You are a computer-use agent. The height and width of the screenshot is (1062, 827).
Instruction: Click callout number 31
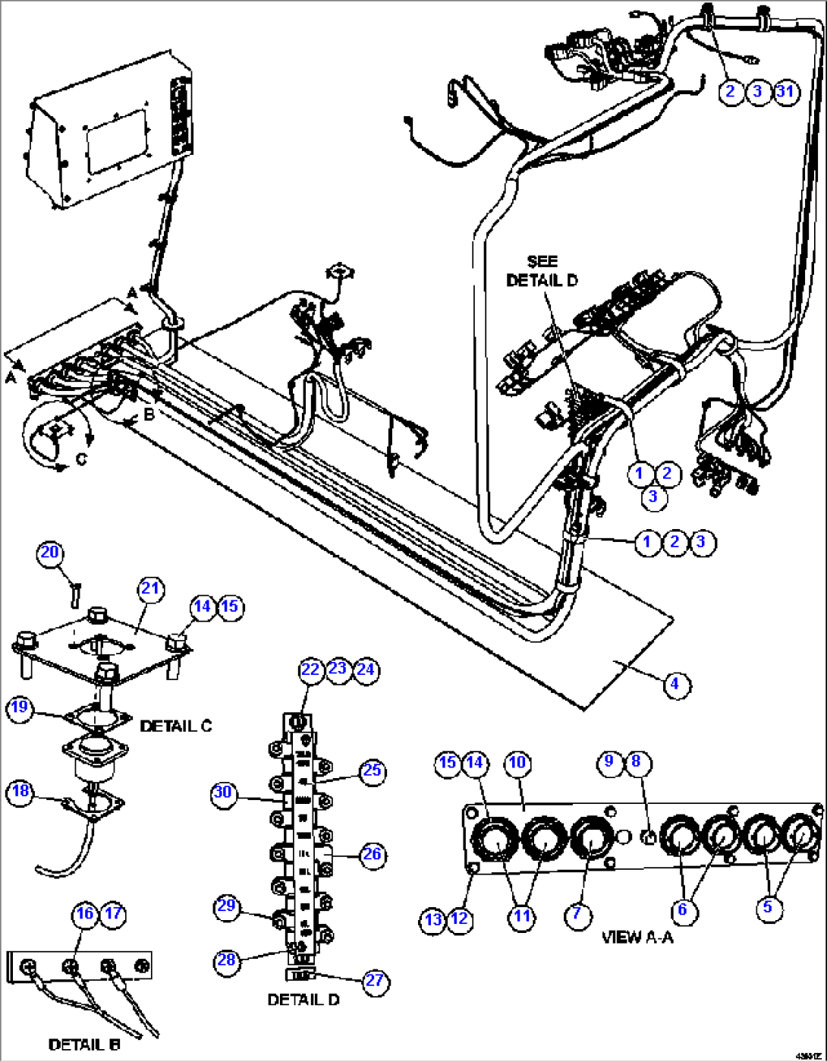pyautogui.click(x=785, y=92)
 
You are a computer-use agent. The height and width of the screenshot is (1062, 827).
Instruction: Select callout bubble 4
pyautogui.click(x=674, y=684)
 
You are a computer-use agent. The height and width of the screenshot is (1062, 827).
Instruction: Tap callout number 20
pyautogui.click(x=50, y=552)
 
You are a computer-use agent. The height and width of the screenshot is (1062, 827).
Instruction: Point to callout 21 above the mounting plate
pyautogui.click(x=150, y=588)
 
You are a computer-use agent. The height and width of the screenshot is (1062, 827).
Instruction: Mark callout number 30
pyautogui.click(x=222, y=793)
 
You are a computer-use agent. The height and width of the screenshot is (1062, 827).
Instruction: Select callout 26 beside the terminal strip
pyautogui.click(x=371, y=854)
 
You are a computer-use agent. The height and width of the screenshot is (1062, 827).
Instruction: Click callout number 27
pyautogui.click(x=375, y=980)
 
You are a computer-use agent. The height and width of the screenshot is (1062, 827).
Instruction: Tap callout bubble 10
pyautogui.click(x=517, y=762)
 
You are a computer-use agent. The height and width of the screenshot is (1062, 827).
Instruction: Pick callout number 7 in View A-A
pyautogui.click(x=577, y=913)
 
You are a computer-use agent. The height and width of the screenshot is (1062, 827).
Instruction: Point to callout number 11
pyautogui.click(x=522, y=915)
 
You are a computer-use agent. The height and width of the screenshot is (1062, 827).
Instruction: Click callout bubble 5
pyautogui.click(x=767, y=906)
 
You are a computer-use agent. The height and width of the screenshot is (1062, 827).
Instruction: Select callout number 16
pyautogui.click(x=85, y=913)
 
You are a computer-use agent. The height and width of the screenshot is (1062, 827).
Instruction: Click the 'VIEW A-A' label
pyautogui.click(x=637, y=937)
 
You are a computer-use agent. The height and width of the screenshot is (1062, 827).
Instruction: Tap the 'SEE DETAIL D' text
pyautogui.click(x=542, y=270)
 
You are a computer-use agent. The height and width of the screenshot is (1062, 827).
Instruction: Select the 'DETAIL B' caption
pyautogui.click(x=84, y=1045)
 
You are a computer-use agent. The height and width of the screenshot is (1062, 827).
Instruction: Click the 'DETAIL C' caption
pyautogui.click(x=176, y=726)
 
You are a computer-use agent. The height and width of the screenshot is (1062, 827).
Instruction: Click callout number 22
pyautogui.click(x=310, y=670)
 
